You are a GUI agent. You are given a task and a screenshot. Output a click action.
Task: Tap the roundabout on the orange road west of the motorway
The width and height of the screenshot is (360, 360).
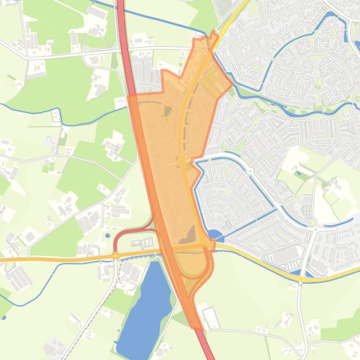pos(116,256)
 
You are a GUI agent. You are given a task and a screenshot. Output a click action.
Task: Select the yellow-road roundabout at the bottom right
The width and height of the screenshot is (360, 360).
pos(301,279)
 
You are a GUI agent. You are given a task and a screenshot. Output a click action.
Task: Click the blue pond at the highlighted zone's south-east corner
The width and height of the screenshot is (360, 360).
pos(214,235)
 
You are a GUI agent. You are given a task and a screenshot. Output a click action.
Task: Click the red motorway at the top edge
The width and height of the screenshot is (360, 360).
pos(120,4)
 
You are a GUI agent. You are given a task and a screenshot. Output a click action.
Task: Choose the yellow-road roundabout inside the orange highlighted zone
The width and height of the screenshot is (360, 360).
pos(182,162)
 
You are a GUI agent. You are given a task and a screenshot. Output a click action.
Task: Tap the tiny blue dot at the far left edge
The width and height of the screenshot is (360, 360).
pos(4,317)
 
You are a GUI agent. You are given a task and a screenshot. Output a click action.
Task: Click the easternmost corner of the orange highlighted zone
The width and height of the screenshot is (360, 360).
pos(233,85)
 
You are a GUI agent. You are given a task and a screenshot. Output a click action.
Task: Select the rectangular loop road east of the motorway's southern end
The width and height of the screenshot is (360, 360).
pos(211,318)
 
